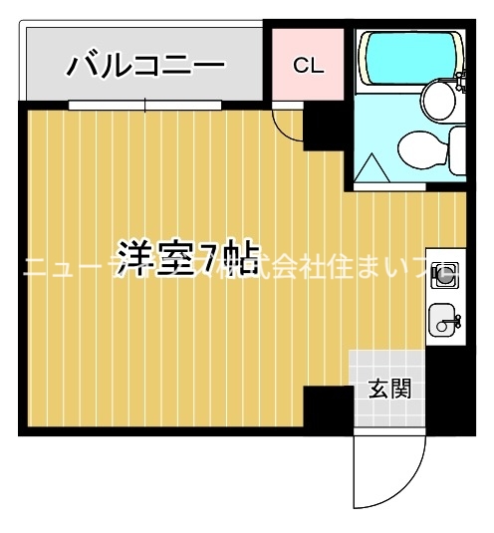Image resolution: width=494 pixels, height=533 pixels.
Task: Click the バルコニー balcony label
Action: [x=146, y=67]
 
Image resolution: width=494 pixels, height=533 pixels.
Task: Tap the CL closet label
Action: [x=309, y=66]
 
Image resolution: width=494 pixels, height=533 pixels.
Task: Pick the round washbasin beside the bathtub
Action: [x=436, y=100]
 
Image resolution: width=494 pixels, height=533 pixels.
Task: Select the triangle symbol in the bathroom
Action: [x=371, y=166]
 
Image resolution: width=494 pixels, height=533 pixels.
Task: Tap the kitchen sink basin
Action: [x=441, y=321]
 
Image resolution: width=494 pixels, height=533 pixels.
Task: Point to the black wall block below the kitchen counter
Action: [x=446, y=389]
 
